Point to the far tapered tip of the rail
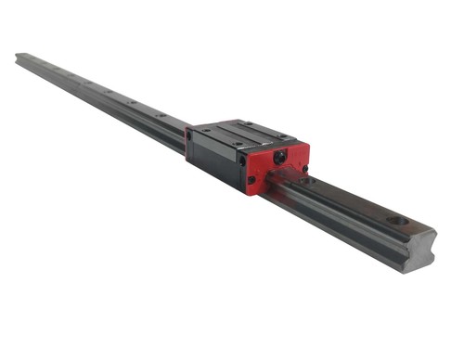point(19,58)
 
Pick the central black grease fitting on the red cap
point(280,159)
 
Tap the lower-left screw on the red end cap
point(251,179)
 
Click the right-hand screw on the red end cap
point(304,167)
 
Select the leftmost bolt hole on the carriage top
point(205,132)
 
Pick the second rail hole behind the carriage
point(132,101)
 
